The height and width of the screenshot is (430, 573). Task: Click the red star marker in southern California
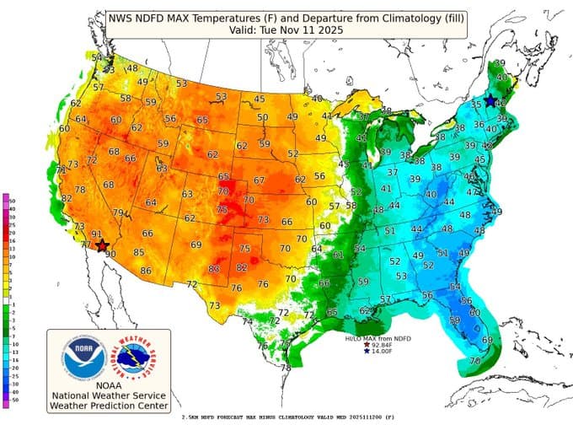102,246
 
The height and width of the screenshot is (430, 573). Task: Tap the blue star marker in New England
490,100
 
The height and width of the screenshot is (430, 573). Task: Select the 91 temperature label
97,234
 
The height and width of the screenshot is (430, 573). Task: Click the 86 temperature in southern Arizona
146,271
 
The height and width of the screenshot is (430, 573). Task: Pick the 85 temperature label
139,252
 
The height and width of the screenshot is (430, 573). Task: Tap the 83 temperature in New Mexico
214,269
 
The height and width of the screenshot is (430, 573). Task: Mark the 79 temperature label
119,212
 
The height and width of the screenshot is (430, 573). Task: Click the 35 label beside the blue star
476,105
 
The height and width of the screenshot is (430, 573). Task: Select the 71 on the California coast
61,170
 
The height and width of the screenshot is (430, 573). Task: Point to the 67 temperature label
259,180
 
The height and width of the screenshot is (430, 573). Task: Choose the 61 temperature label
339,255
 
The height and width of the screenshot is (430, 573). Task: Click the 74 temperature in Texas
248,321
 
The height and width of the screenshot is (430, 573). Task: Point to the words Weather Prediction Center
109,405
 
